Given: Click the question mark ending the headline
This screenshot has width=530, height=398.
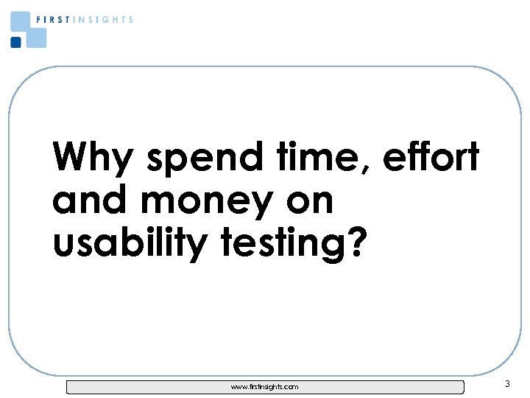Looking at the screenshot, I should pos(354,244).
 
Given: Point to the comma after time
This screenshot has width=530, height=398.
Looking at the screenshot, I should pos(365,169).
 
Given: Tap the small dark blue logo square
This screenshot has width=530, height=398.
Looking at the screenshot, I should pos(15,42).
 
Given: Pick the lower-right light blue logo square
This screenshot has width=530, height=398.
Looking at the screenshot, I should pos(35,37).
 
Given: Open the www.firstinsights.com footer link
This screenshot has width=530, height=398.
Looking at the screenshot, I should pos(265,386).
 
